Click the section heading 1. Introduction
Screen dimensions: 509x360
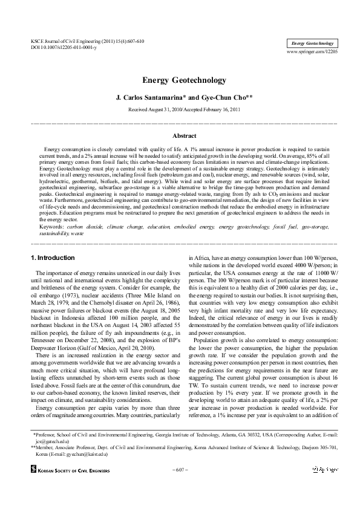point(53,258)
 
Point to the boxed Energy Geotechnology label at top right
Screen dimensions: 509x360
point(311,44)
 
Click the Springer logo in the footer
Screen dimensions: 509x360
point(325,468)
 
